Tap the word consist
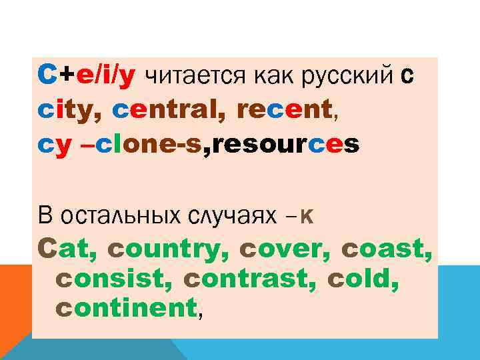[109, 278]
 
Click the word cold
[363, 278]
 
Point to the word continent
[127, 307]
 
